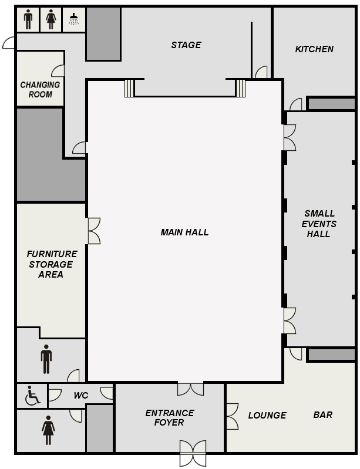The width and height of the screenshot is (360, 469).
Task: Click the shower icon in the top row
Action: [x=74, y=19]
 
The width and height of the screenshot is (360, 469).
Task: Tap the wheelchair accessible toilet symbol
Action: [x=32, y=396]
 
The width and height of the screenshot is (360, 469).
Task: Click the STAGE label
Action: [x=186, y=45]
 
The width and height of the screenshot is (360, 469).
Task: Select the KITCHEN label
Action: [x=314, y=49]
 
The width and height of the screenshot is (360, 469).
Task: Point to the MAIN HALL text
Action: [x=184, y=232]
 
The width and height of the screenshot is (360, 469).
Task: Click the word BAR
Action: [x=323, y=415]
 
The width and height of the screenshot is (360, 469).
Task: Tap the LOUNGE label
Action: [x=267, y=415]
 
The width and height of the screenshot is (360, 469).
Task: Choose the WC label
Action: [x=81, y=396]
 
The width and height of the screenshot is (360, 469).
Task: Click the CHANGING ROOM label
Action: [x=40, y=89]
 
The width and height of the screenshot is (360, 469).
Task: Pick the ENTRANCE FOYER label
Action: [x=170, y=417]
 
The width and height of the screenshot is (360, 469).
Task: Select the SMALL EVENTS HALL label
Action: [x=319, y=224]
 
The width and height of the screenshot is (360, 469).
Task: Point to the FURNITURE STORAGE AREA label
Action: [x=52, y=264]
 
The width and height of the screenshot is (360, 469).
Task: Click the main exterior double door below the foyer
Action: [x=193, y=453]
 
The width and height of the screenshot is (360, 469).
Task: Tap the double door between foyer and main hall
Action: [x=190, y=389]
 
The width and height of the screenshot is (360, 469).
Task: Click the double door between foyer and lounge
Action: [x=232, y=416]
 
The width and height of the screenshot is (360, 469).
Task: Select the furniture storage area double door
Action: [x=94, y=231]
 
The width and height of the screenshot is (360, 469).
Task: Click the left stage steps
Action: [x=130, y=88]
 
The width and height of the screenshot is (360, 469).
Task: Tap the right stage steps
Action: [x=240, y=88]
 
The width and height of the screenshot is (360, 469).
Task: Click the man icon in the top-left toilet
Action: [x=28, y=19]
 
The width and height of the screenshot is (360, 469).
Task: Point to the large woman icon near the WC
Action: [x=48, y=430]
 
